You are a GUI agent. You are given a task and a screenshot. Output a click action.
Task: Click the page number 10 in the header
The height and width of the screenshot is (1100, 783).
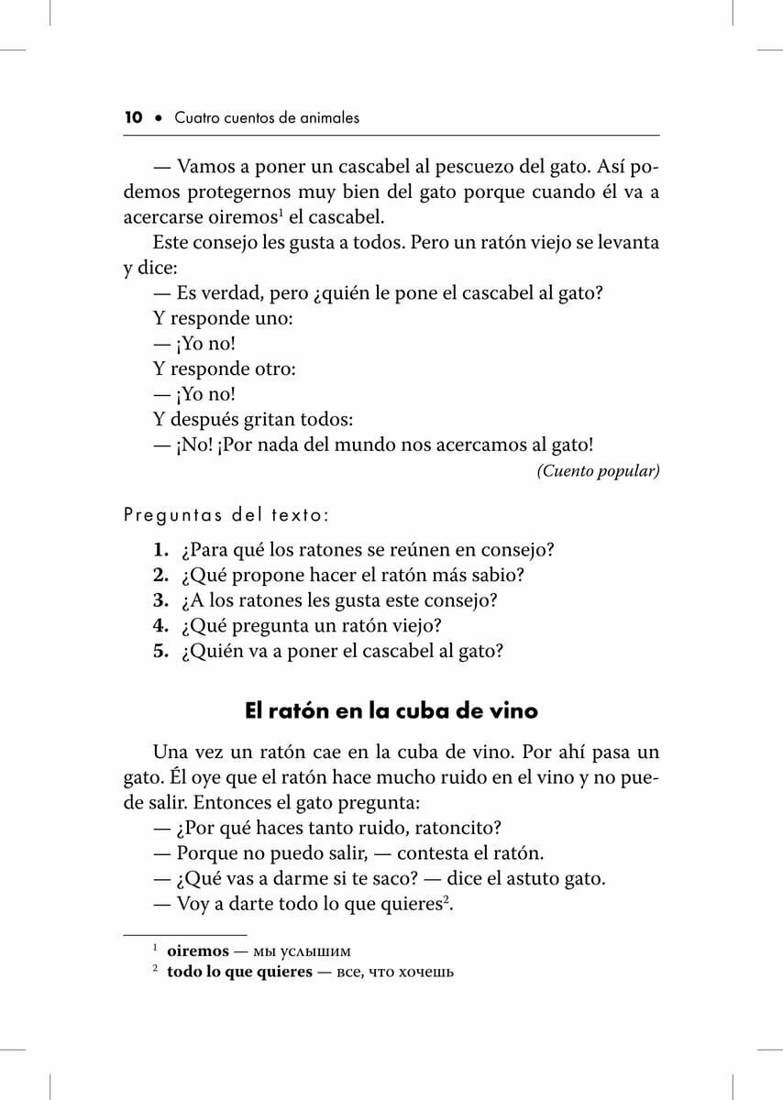[x=133, y=117]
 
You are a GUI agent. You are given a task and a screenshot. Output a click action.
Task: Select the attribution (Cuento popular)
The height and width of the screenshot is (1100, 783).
[x=598, y=471]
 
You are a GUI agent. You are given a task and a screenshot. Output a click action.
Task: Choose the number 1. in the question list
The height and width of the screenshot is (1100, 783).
[x=160, y=551]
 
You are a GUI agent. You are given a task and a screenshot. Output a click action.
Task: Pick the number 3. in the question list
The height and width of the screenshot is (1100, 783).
[x=160, y=601]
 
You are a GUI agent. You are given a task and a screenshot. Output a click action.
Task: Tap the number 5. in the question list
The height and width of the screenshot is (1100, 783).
[x=160, y=652]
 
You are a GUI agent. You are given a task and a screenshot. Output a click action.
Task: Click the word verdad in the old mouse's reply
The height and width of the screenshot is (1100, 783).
[x=239, y=293]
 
